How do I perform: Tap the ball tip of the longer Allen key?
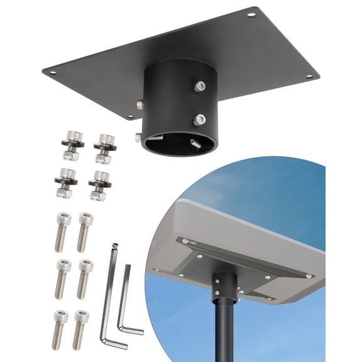114,246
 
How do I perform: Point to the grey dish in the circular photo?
251,220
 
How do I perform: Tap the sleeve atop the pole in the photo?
224,286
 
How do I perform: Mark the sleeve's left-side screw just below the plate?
140,104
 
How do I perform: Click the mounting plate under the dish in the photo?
239,264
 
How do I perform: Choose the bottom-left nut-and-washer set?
68,183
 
